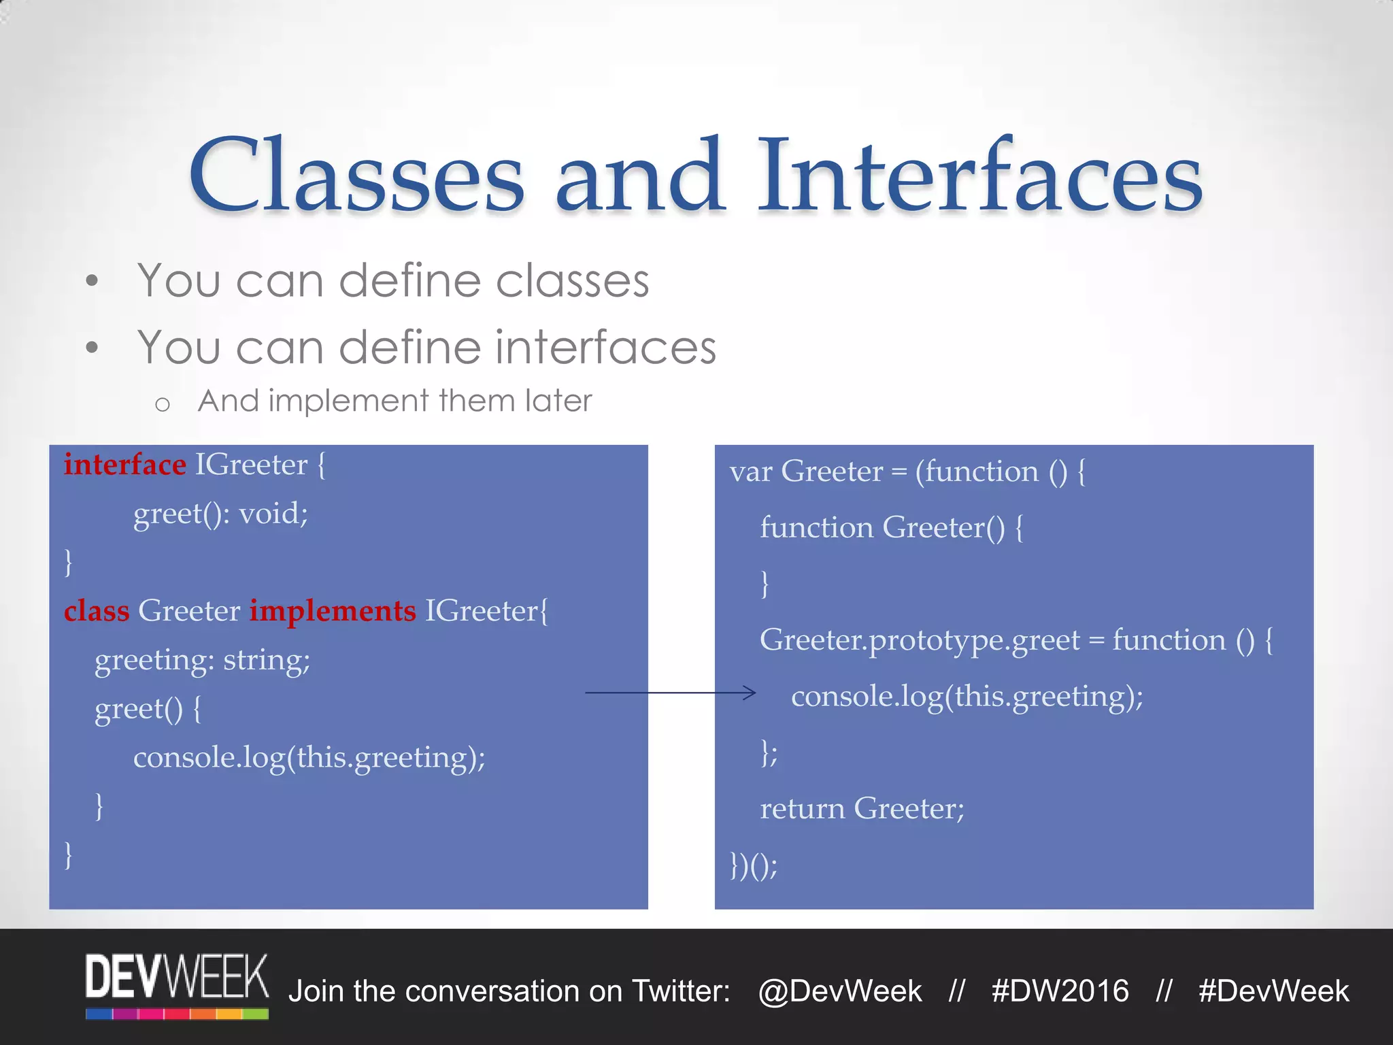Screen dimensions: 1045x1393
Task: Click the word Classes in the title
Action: tap(357, 176)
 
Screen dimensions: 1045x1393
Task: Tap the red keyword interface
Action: tap(124, 465)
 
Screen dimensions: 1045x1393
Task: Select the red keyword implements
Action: tap(332, 610)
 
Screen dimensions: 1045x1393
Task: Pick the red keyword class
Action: tap(97, 610)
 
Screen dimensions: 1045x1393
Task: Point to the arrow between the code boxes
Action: tap(670, 693)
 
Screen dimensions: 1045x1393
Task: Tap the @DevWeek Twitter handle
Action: tap(840, 991)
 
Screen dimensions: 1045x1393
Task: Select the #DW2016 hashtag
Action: tap(1060, 991)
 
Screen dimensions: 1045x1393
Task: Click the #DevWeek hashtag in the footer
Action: tap(1273, 991)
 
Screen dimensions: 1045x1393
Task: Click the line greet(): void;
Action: tap(220, 514)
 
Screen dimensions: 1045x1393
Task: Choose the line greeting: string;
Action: tap(202, 660)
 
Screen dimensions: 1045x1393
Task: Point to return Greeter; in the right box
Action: tap(862, 809)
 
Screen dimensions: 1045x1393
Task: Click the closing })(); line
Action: tap(753, 865)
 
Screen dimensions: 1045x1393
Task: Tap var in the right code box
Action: tap(750, 471)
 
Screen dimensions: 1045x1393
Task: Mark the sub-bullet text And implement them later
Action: tap(395, 401)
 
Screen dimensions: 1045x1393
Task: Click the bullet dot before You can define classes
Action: tap(93, 281)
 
